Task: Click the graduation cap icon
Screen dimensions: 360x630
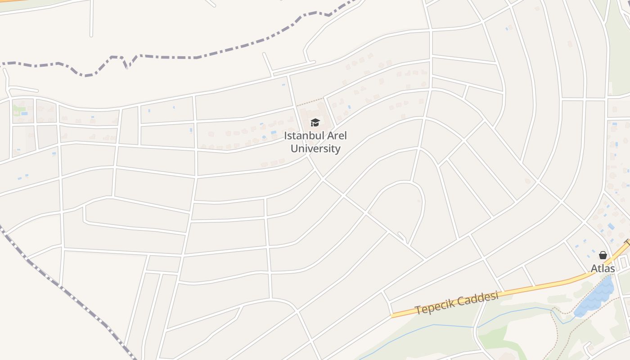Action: (x=315, y=122)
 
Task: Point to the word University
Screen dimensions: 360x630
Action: (x=315, y=148)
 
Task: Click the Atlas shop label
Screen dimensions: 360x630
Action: (x=603, y=269)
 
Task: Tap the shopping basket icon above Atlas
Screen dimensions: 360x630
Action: (x=603, y=255)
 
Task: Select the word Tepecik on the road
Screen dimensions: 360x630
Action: (x=434, y=306)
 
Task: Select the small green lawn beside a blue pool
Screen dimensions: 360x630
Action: (x=18, y=108)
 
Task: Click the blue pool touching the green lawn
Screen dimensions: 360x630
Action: (x=24, y=113)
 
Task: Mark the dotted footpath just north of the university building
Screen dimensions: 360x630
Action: (x=310, y=102)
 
